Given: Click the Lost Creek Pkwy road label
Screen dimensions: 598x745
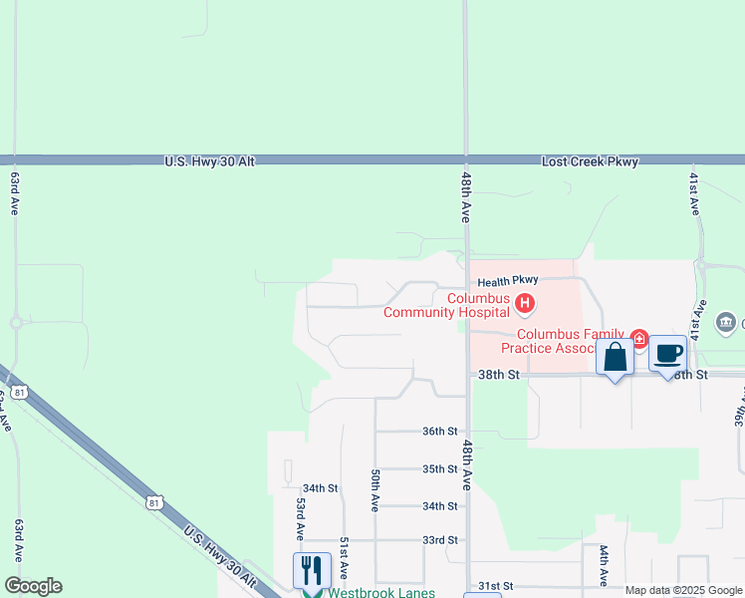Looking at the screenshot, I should click(x=590, y=160).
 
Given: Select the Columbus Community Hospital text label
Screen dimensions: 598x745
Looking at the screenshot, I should click(x=447, y=305).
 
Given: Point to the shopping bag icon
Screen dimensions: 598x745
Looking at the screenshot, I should click(x=615, y=356).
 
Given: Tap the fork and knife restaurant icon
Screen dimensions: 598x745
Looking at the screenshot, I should click(x=312, y=571).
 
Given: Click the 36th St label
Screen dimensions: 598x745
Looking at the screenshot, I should click(x=439, y=432).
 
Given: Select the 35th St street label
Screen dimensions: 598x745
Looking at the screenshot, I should click(x=439, y=468).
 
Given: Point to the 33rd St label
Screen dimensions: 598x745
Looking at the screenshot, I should click(x=439, y=540).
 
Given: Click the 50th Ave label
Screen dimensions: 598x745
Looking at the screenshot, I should click(x=374, y=490).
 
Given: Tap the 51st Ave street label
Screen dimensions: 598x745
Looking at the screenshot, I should click(x=344, y=557).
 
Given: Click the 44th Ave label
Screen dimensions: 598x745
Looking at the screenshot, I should click(x=604, y=564).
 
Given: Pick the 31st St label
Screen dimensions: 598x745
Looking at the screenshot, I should click(x=495, y=586).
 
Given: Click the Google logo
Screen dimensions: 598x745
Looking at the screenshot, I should click(x=33, y=586).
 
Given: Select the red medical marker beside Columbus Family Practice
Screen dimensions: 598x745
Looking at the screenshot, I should click(x=638, y=339).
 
